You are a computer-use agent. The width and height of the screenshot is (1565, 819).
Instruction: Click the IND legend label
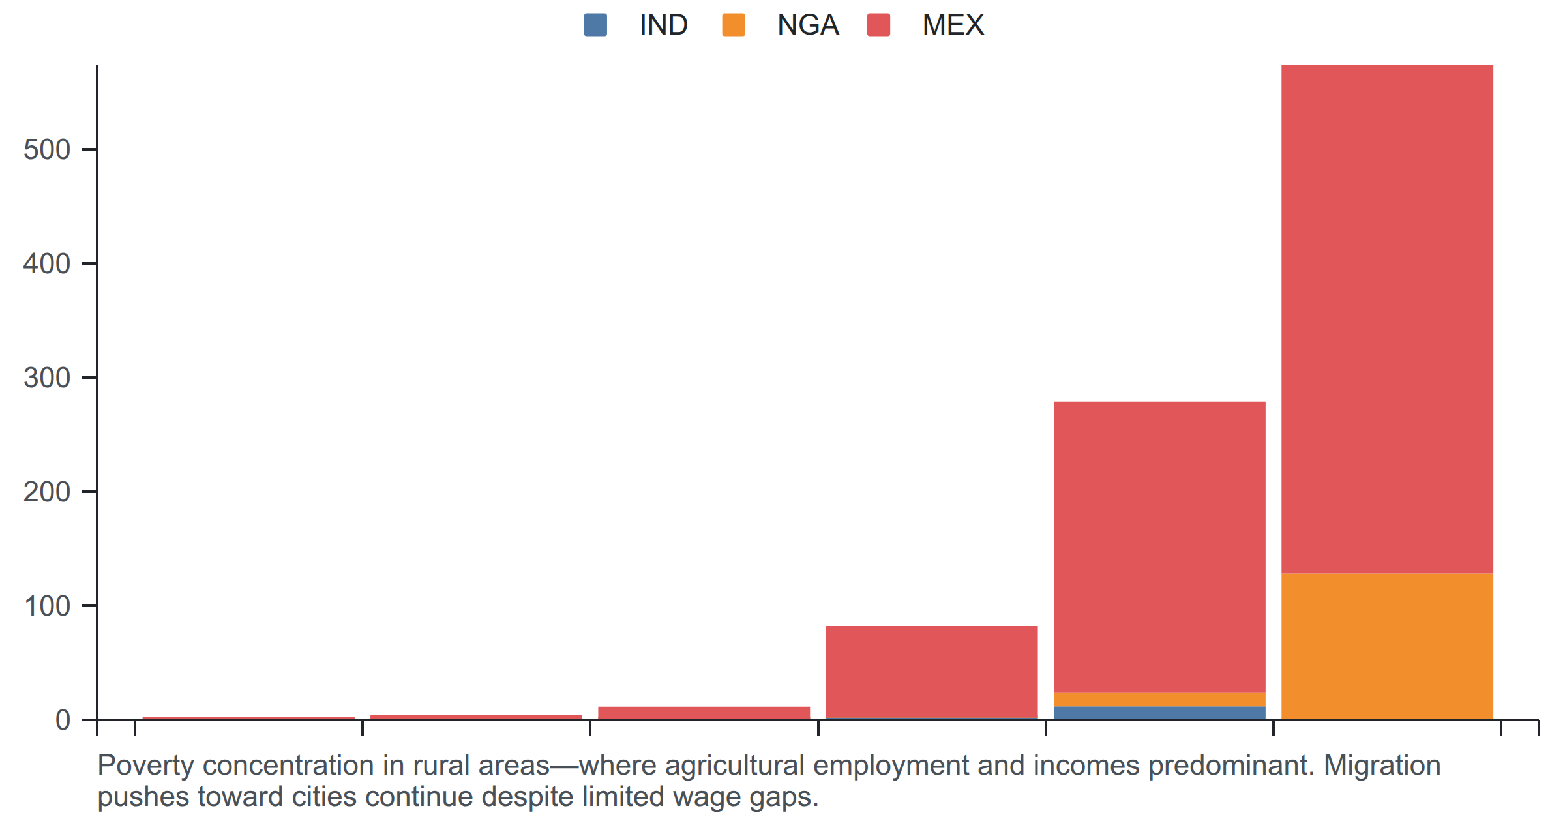click(x=663, y=25)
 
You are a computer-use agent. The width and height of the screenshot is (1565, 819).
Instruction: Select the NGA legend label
click(x=808, y=25)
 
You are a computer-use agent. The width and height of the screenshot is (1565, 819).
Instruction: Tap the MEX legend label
click(x=953, y=25)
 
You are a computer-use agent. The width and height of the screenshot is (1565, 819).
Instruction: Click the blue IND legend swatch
click(x=595, y=25)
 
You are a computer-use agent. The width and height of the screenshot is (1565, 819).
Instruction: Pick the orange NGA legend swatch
click(x=734, y=25)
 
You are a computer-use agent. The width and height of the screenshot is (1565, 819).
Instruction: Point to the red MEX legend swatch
click(x=878, y=25)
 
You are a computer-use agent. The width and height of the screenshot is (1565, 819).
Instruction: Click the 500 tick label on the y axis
click(x=47, y=149)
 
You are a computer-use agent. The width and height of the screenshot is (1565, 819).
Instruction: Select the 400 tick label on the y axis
click(x=47, y=263)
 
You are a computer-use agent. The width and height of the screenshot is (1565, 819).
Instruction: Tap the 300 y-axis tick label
click(x=47, y=378)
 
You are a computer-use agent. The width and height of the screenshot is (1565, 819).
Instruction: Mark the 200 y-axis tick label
click(x=47, y=492)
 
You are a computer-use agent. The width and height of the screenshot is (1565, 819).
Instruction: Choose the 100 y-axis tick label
click(x=47, y=606)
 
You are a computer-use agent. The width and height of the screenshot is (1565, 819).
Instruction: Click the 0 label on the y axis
click(x=63, y=720)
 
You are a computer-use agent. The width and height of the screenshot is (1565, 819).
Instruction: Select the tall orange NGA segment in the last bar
click(x=1387, y=646)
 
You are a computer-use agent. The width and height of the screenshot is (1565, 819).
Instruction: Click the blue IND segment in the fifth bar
click(x=1159, y=713)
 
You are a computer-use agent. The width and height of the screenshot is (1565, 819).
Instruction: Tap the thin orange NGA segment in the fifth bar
click(x=1159, y=700)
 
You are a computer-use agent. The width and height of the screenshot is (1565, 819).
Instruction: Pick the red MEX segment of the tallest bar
click(x=1387, y=319)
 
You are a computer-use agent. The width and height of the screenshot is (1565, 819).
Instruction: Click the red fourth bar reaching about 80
click(x=932, y=672)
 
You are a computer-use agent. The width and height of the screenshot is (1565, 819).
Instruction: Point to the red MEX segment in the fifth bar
click(x=1159, y=547)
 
